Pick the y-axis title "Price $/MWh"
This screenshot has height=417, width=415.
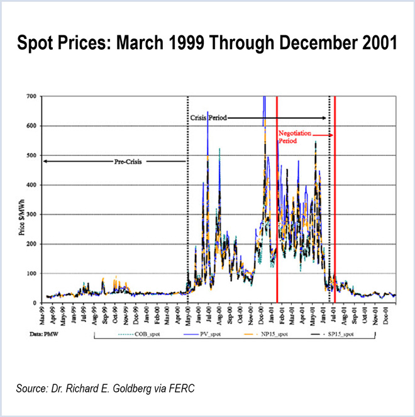[23, 199]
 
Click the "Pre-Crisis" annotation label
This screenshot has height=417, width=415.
[128, 162]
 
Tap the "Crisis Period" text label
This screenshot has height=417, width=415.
[208, 118]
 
